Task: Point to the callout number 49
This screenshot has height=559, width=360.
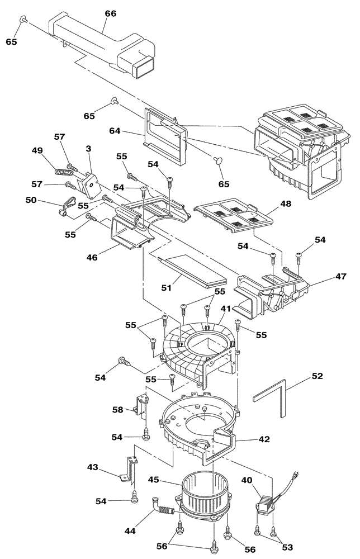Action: [x=37, y=150]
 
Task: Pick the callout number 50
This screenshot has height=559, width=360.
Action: [x=32, y=199]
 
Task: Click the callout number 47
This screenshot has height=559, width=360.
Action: [x=326, y=277]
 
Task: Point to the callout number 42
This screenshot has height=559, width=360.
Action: [x=263, y=439]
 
